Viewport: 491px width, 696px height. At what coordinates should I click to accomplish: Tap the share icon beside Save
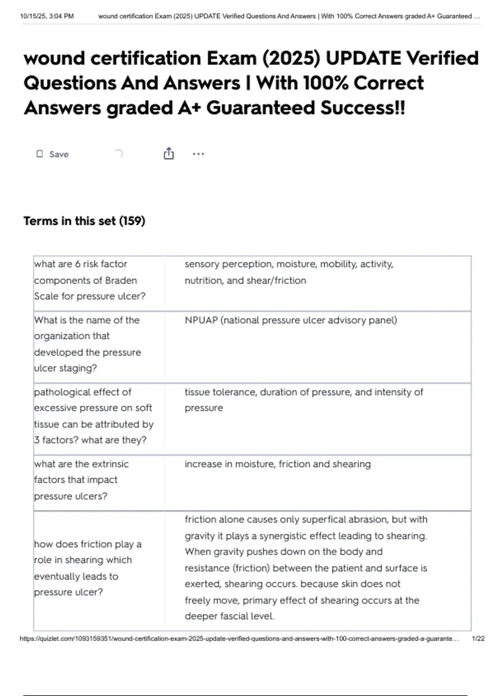169,154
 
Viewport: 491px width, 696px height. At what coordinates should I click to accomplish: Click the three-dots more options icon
198,154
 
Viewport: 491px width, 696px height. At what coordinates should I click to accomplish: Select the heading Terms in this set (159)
84,221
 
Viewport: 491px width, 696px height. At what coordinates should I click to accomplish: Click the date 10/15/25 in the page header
33,16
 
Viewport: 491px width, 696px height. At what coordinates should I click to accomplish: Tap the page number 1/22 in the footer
478,638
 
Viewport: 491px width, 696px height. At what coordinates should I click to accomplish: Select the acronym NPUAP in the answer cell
201,320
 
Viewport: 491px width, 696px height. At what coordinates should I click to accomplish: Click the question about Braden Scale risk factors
90,280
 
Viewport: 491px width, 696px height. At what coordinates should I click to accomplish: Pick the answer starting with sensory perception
288,272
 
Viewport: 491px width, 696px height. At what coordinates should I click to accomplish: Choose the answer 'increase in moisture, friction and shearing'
277,464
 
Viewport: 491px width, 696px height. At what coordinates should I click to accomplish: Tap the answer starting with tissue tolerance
304,400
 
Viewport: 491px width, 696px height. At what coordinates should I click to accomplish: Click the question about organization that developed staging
87,344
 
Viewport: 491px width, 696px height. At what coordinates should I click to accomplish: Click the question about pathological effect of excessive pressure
93,416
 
